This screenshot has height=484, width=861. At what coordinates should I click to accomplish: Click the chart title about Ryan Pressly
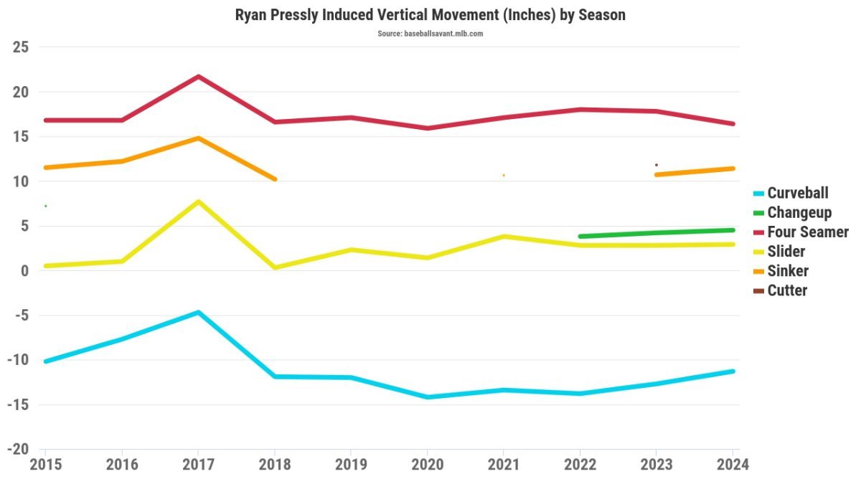click(430, 14)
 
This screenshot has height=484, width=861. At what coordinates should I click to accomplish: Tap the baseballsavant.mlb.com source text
click(430, 34)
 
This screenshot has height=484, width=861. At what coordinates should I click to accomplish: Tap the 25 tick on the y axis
click(21, 47)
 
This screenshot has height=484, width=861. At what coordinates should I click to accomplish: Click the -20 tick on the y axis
click(18, 450)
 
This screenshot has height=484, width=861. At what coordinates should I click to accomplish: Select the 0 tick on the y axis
click(24, 271)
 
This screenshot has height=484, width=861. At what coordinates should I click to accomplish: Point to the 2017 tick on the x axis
click(198, 465)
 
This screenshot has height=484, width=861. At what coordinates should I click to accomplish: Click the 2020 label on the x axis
click(427, 465)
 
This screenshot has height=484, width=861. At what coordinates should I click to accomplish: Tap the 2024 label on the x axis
click(731, 465)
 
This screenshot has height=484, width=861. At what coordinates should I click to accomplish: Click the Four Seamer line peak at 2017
click(198, 76)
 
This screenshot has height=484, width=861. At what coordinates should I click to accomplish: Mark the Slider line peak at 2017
click(198, 201)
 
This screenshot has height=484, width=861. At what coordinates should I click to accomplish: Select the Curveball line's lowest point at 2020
click(428, 397)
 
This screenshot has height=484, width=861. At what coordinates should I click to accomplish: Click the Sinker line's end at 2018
click(274, 179)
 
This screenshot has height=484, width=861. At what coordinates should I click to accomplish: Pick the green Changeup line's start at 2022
click(580, 236)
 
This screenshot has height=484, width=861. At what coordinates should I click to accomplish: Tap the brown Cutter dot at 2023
click(656, 165)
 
